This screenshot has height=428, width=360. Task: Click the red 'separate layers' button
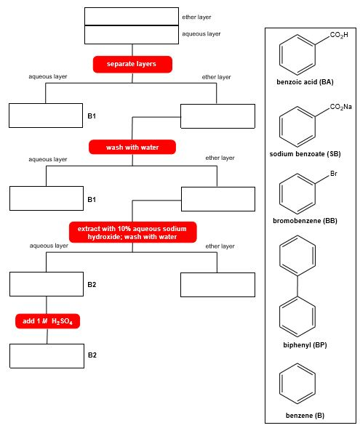pos(132,65)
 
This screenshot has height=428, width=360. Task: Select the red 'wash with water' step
pos(132,148)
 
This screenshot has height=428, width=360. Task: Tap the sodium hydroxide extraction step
pos(132,233)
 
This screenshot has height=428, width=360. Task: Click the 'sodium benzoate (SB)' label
pos(304,154)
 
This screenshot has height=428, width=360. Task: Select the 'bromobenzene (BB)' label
pos(304,220)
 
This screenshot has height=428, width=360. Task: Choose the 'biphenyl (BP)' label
pos(304,344)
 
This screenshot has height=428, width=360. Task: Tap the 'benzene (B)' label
pos(305,416)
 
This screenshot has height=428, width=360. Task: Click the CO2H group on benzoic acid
pos(338,36)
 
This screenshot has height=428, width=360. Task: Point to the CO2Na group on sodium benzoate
pos(340,108)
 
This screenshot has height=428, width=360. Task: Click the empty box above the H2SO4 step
pos(47,284)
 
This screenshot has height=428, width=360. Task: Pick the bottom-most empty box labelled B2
pos(47,355)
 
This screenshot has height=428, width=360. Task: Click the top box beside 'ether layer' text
pos(132,16)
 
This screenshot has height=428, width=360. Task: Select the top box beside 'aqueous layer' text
pos(132,34)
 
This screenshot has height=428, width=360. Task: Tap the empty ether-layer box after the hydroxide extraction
pos(217,284)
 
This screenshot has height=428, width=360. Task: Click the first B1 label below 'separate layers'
pos(92,116)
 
